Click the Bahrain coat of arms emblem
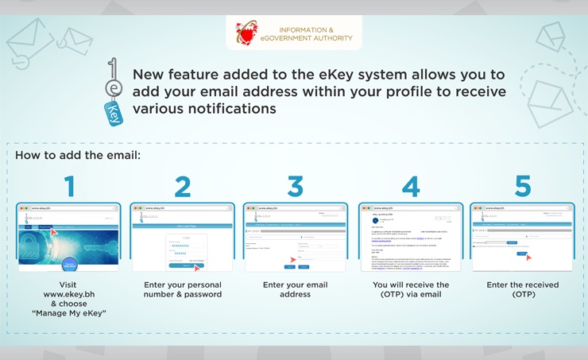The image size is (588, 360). coord(247,33)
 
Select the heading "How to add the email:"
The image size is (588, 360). coord(78,154)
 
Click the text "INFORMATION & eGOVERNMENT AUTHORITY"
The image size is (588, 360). coord(315,33)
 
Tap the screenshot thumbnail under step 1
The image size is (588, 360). coord(69,238)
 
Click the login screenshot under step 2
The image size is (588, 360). coord(182,238)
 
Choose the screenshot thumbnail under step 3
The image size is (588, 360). coord(296,238)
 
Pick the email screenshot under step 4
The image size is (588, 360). coord(410,238)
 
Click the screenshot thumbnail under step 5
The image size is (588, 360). coord(523,238)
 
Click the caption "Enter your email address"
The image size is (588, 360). coord(296,290)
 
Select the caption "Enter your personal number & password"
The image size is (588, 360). coord(183,290)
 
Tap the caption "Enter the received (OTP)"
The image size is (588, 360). coord(523,290)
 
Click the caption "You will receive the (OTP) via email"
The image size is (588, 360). coord(411,290)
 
